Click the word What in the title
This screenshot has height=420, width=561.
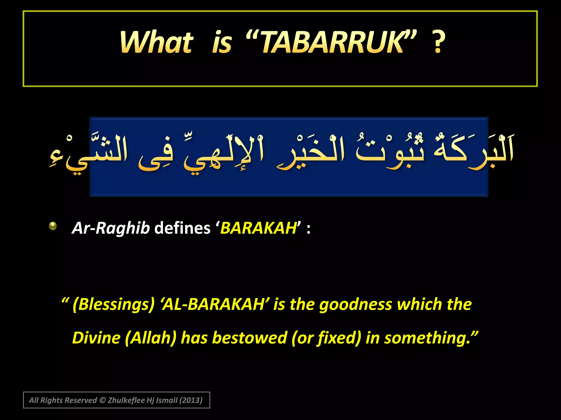coord(156,42)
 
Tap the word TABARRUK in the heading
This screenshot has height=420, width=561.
coord(331,42)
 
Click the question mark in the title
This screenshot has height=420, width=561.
coord(438,42)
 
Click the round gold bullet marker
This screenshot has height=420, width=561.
coord(53,226)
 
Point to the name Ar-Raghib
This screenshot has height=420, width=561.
coord(111,228)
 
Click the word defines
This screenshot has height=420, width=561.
coord(182,228)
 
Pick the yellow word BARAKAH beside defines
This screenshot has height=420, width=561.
coord(258,228)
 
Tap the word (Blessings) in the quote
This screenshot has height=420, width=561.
coord(114,304)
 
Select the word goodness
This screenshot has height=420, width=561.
coord(356,304)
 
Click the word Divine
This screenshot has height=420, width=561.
coord(96,338)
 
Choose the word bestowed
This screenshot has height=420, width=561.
coord(250,338)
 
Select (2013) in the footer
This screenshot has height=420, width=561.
coord(191,400)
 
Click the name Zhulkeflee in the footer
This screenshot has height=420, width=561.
coord(126,400)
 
